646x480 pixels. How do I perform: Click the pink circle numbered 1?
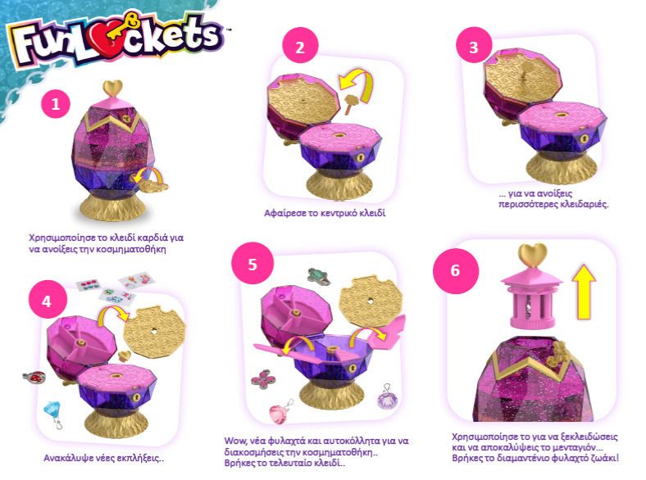point(56,104)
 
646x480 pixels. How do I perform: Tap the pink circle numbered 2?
point(300,47)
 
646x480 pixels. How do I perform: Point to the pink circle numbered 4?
point(47,301)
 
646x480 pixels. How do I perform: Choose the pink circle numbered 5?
point(252,264)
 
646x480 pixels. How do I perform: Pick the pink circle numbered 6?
point(455,270)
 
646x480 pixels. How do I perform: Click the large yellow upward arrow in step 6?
point(584,292)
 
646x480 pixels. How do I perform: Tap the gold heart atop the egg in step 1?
point(112,88)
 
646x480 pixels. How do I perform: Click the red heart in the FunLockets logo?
point(104,44)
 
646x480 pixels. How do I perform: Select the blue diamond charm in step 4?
point(52,413)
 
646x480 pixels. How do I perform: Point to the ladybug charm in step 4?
point(34,377)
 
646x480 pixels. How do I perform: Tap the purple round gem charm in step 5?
point(388,397)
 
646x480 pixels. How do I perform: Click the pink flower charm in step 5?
point(263,378)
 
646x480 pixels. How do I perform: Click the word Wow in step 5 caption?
point(234,441)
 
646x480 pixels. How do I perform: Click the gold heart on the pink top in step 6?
point(532,255)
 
